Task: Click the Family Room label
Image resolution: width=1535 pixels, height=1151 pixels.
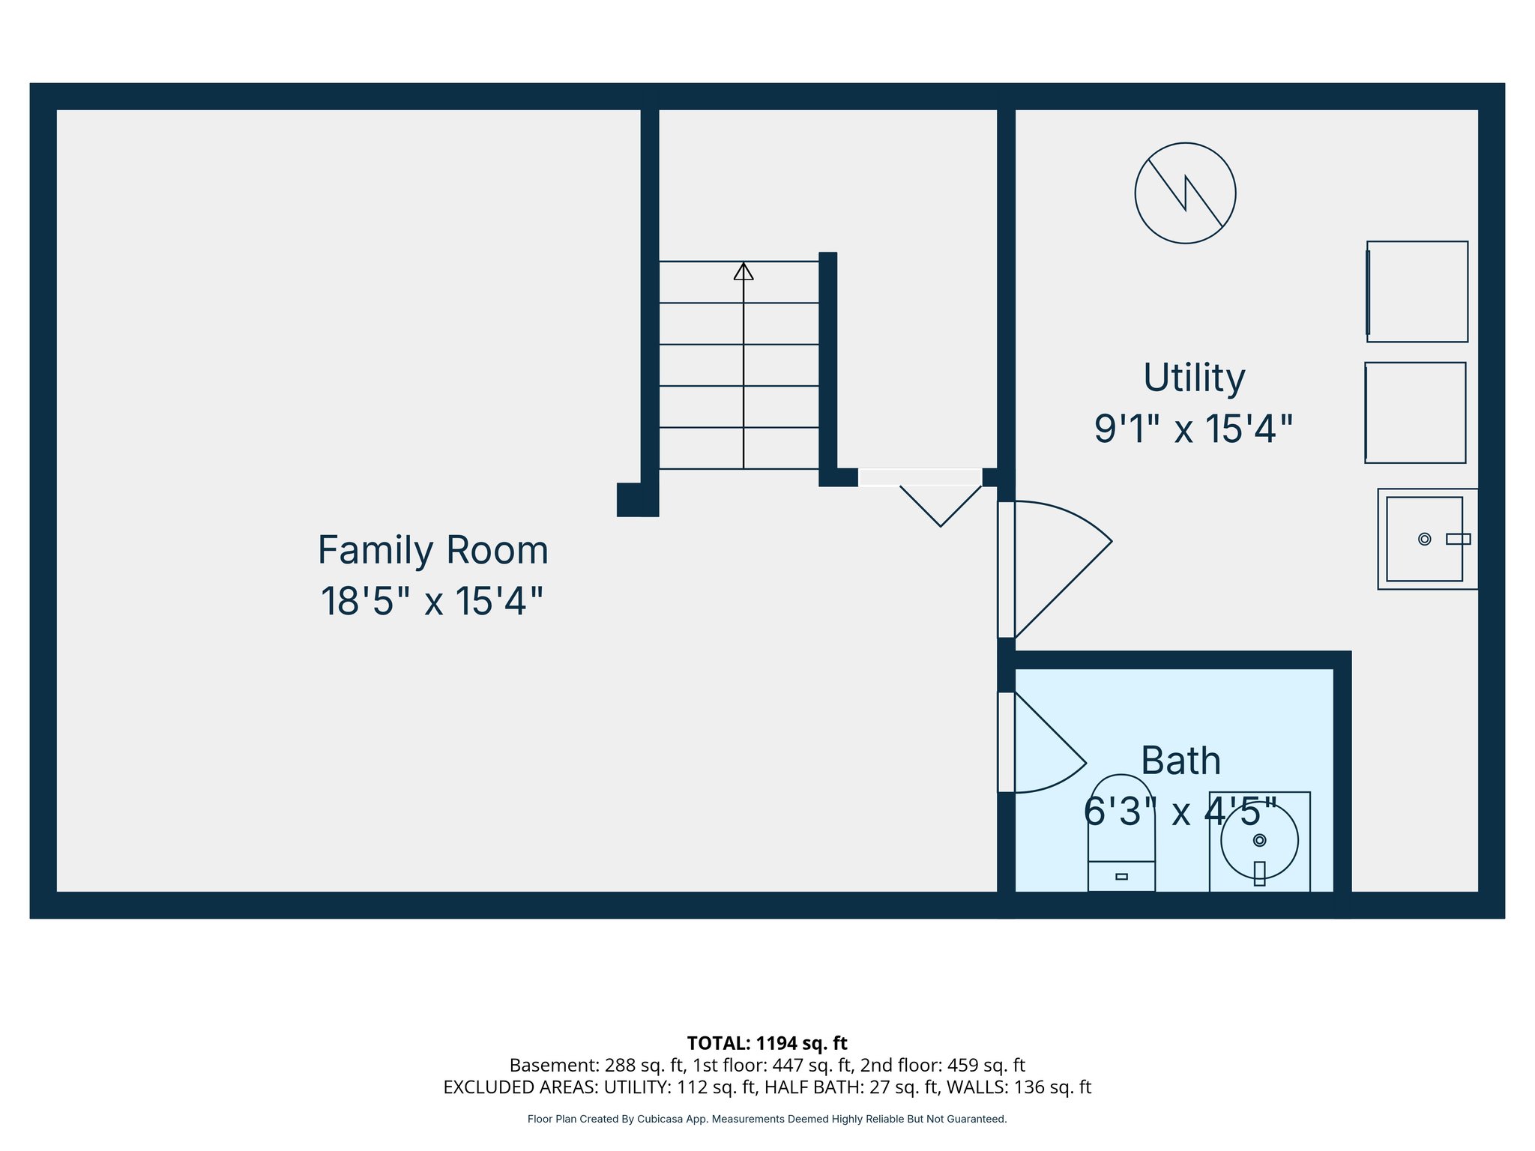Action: click(432, 551)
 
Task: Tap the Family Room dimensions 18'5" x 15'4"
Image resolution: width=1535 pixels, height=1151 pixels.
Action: click(432, 602)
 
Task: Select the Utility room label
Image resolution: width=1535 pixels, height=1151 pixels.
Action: click(1193, 378)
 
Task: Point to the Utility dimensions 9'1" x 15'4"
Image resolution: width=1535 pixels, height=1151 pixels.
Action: click(1193, 429)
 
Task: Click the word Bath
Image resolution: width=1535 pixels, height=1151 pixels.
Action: click(1180, 761)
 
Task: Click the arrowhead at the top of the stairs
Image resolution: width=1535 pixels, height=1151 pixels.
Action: click(743, 271)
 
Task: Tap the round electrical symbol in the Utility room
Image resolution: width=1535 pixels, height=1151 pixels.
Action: click(1185, 193)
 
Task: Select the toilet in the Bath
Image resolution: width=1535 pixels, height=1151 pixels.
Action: click(1121, 832)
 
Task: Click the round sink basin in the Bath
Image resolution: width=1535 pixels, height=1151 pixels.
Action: click(1259, 840)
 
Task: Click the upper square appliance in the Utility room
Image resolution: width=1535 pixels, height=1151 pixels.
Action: click(1417, 291)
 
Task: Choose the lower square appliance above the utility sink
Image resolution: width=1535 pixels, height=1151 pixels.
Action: click(1415, 413)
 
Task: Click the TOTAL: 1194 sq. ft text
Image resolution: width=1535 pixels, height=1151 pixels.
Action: click(767, 1043)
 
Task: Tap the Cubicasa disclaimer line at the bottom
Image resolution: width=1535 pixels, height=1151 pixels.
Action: click(767, 1120)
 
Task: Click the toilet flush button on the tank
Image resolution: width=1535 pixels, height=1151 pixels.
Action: click(1121, 877)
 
